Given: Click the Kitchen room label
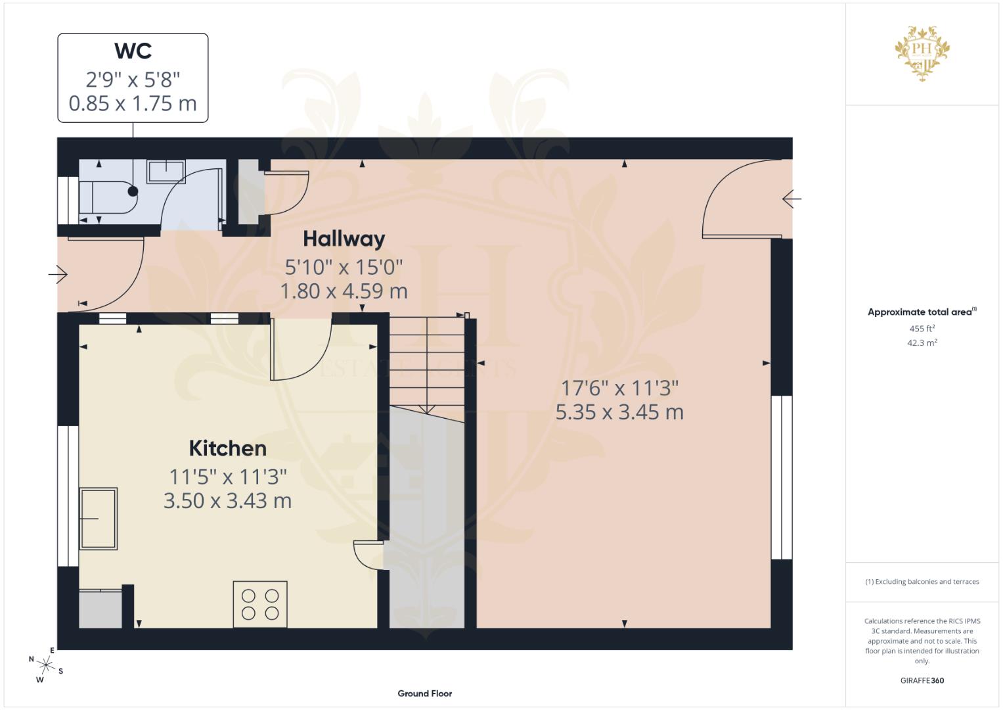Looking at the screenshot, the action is coord(227,448).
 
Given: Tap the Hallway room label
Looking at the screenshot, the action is coord(344,239).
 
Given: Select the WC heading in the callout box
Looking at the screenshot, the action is coord(133,51).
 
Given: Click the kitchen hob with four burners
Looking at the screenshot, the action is coord(260,604).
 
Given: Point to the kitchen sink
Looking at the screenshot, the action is coord(99,519).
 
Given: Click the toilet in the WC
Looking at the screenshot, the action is coord(108,197).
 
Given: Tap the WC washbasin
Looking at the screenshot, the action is coord(166,171).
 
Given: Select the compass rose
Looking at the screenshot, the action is coord(46,665).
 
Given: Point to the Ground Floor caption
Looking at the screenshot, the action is coord(425,694).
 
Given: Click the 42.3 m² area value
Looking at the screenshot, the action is coord(922,343).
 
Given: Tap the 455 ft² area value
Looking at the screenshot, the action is coord(922,329).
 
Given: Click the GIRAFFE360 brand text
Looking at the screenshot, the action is coord(922,680).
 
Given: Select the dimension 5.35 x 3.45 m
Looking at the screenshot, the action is coord(619,412).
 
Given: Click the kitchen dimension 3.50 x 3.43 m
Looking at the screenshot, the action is coord(227,501).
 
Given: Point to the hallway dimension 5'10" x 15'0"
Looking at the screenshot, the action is coord(344,268).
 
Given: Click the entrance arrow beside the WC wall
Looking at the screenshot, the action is coord(58,274).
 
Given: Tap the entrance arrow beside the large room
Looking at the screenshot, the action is coord(791,199).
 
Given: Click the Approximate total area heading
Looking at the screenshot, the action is coord(922,312).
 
